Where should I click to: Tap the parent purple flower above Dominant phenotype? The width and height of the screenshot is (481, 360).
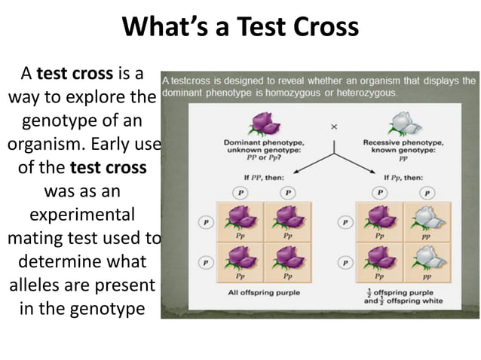pyautogui.click(x=262, y=123)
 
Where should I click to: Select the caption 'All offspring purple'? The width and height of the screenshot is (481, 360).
pyautogui.click(x=264, y=292)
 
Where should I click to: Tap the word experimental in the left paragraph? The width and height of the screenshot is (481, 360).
pyautogui.click(x=82, y=215)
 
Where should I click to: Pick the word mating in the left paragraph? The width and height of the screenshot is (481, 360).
pyautogui.click(x=38, y=239)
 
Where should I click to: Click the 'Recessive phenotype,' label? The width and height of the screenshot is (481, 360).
pyautogui.click(x=403, y=142)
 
